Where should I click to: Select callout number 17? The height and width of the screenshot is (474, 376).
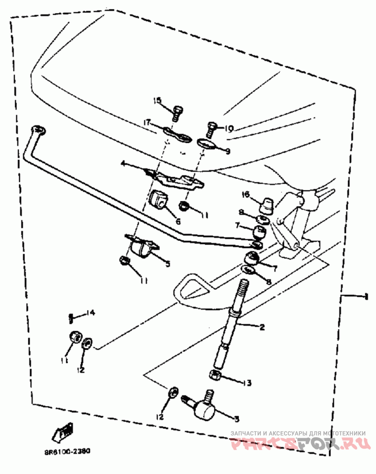click(x=148, y=122)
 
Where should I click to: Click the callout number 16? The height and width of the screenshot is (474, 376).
click(x=245, y=194)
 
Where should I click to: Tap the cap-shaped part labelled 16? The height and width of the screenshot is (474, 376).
click(x=266, y=204)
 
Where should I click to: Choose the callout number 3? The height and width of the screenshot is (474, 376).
click(x=236, y=418)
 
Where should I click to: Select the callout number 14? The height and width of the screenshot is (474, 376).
click(x=90, y=313)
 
